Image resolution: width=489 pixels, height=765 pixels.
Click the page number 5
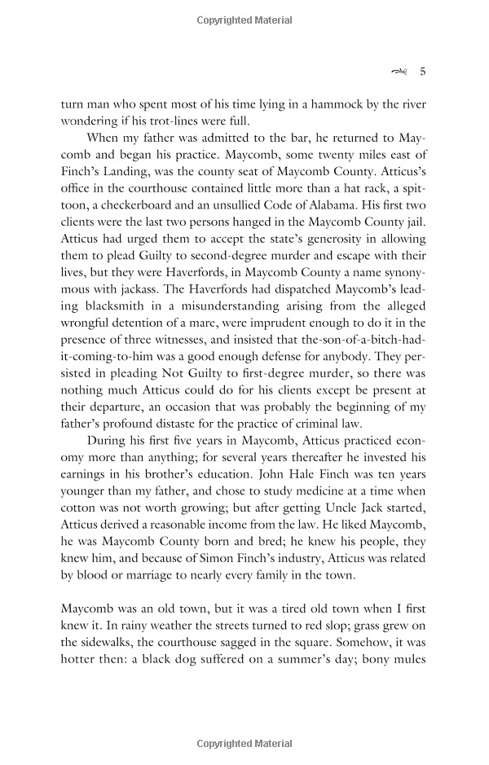click(423, 71)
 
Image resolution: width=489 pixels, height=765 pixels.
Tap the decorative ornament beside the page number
click(399, 72)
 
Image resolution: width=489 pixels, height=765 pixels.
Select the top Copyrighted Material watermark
click(244, 17)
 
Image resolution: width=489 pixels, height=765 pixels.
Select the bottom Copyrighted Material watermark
click(244, 744)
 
